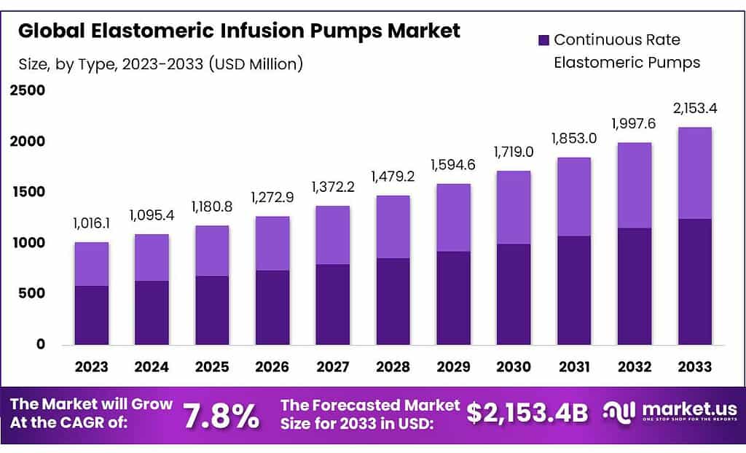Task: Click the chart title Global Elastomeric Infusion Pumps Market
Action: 239,31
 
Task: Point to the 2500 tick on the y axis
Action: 27,90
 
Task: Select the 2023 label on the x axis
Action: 91,365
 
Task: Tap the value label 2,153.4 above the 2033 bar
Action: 694,109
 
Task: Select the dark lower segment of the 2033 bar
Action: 694,282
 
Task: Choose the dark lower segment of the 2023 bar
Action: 91,315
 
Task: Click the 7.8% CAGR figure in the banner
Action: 221,415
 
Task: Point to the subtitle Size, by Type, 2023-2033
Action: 160,64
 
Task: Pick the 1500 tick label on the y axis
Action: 27,192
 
